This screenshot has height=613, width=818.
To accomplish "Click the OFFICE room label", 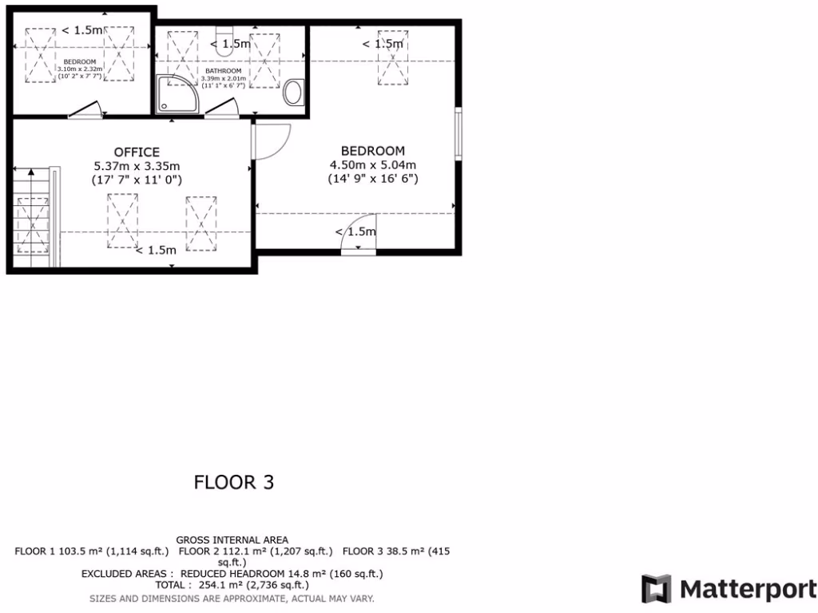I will (137, 152).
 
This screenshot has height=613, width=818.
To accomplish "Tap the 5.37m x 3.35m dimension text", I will (137, 166).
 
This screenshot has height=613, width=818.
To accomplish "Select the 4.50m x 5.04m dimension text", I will (373, 165).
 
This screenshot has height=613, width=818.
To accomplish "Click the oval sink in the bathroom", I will (293, 92).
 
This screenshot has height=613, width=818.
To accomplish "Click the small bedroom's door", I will (85, 111).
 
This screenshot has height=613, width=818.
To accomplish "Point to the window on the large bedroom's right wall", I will (459, 133).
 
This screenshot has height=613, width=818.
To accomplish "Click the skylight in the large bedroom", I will (393, 57).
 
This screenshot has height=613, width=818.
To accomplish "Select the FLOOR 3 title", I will (234, 482).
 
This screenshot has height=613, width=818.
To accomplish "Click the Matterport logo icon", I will (656, 589).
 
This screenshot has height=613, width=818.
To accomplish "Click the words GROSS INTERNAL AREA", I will (232, 540).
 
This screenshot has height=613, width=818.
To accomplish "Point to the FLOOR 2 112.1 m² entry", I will (256, 552).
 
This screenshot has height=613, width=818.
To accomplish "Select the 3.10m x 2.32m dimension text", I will (80, 69).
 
